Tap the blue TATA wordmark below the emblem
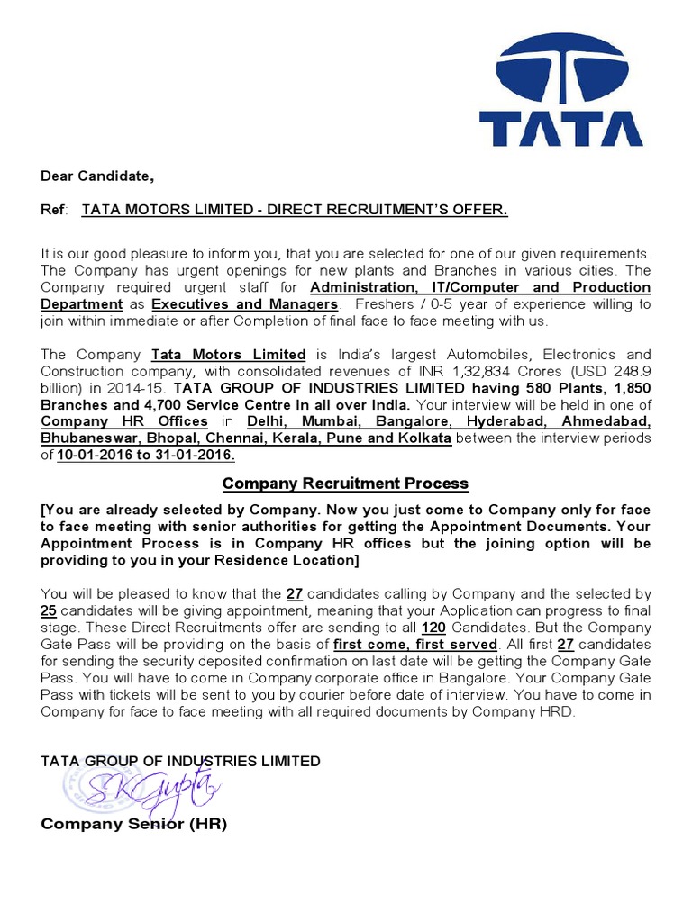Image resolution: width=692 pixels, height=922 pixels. click(x=560, y=129)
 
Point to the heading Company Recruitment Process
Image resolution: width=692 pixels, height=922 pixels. click(x=345, y=484)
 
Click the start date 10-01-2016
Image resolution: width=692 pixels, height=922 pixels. click(x=99, y=456)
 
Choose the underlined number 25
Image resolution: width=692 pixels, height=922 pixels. click(x=50, y=610)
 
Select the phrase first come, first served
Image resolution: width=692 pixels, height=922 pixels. click(x=414, y=645)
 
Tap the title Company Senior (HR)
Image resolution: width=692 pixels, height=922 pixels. click(x=134, y=824)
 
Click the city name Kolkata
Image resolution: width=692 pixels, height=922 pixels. click(x=423, y=438)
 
